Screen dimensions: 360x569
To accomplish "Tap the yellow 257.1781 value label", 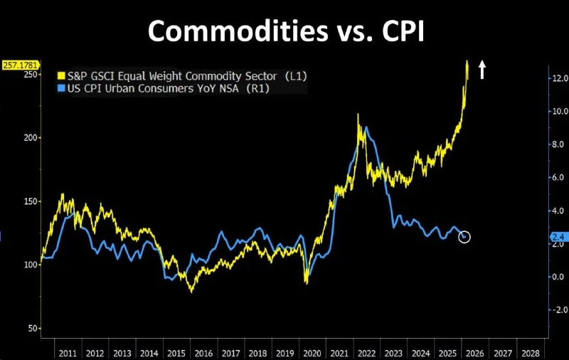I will [21, 64].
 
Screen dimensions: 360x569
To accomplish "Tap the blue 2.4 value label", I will [558, 237].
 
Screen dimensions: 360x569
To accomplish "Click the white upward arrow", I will [482, 69].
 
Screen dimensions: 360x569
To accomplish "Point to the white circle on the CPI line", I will [464, 237].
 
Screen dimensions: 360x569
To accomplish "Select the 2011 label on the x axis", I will [68, 352].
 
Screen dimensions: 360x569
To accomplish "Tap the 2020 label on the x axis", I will [311, 352].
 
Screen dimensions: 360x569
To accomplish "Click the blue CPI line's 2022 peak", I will [366, 128].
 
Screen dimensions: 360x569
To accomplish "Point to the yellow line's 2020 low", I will [307, 282].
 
